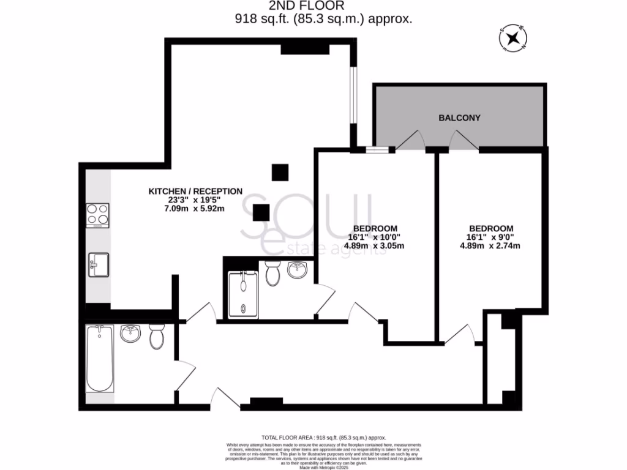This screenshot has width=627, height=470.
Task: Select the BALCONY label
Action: click(x=459, y=117)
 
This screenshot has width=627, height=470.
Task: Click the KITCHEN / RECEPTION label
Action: click(x=195, y=191)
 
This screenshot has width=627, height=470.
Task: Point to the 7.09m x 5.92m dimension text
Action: click(x=195, y=209)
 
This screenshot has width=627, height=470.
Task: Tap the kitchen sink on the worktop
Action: click(x=98, y=265)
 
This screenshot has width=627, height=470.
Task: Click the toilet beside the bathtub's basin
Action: click(x=157, y=335)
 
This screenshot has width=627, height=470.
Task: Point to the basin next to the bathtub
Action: click(x=130, y=334)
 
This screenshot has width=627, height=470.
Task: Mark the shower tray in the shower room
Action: click(x=244, y=294)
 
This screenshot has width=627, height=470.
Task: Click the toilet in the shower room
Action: click(x=273, y=273)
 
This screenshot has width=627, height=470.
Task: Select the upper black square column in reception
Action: click(x=280, y=173)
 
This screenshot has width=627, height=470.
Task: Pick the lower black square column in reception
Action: click(x=261, y=212)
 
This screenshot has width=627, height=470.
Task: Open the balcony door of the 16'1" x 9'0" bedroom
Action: click(x=464, y=141)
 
